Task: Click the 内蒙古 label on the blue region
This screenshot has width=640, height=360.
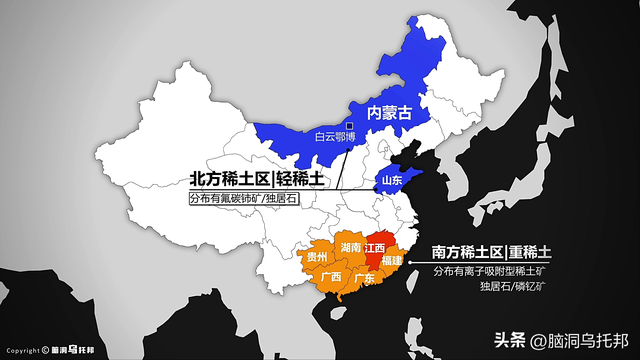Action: (x=391, y=113)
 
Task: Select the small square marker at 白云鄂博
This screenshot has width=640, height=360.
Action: (x=349, y=126)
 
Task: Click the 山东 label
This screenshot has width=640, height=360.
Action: (x=390, y=181)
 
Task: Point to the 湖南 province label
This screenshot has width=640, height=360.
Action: (x=351, y=245)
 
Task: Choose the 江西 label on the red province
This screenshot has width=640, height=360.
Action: (x=375, y=246)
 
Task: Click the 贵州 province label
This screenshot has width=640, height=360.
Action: (x=317, y=257)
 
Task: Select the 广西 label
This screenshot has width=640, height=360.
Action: (x=330, y=277)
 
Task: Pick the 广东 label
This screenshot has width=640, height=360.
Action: (x=364, y=279)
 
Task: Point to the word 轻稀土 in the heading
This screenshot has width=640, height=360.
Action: (x=302, y=179)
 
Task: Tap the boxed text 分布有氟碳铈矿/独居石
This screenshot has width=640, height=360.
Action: (x=245, y=198)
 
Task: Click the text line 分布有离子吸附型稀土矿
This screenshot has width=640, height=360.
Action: (x=492, y=271)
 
